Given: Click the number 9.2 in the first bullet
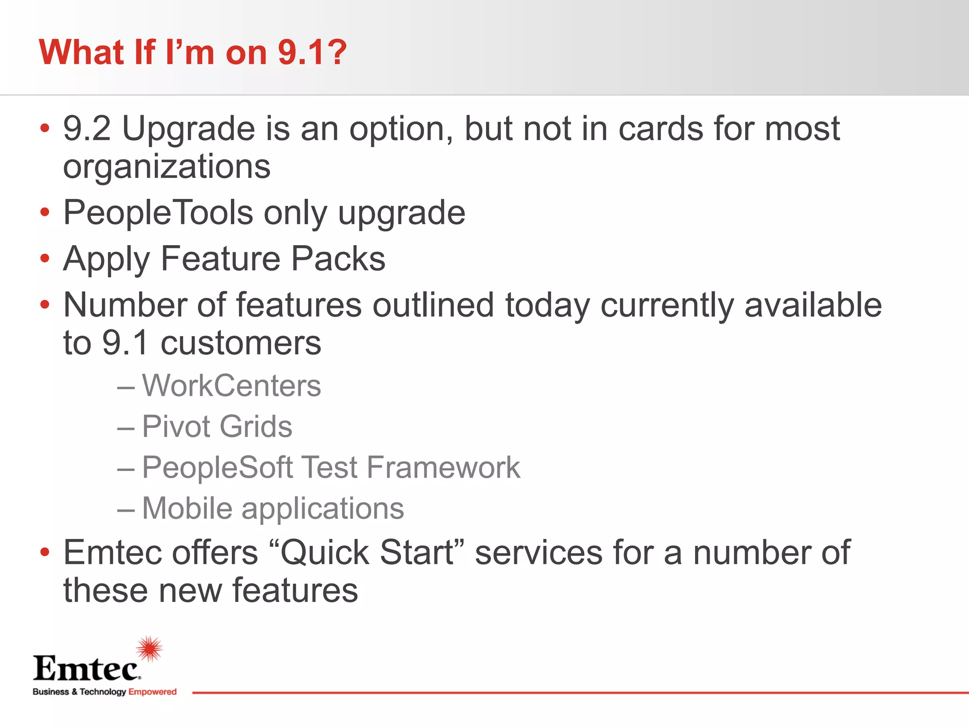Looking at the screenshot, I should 87,129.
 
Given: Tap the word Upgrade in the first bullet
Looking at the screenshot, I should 189,130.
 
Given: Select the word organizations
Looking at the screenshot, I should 167,167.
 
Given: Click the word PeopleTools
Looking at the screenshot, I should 158,213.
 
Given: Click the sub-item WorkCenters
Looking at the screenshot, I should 231,386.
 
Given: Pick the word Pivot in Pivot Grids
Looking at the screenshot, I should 176,426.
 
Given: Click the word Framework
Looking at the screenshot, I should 443,468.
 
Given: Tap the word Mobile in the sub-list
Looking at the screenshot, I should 187,509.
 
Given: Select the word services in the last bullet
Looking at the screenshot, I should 538,553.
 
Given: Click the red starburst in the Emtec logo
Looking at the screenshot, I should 150,648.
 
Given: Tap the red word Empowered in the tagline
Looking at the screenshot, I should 152,692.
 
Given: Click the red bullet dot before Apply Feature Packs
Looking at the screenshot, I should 45,258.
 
